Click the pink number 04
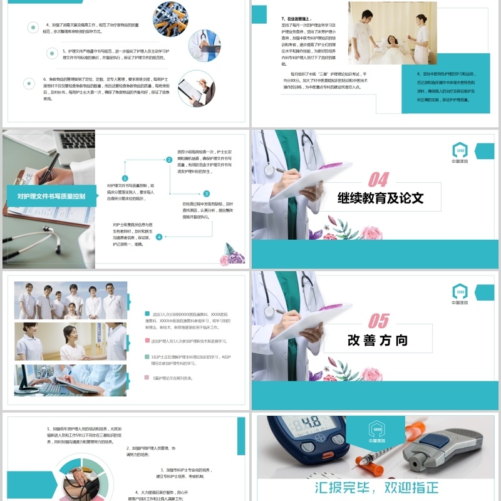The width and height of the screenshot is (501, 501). (x=378, y=180)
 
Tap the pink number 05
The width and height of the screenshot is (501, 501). (x=378, y=321)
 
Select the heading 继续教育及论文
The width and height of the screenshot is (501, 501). (x=380, y=199)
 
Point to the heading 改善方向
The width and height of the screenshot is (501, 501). (x=378, y=341)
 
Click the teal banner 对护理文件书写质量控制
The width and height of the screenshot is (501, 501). (x=51, y=196)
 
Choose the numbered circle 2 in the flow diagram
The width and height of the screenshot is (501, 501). (x=169, y=160)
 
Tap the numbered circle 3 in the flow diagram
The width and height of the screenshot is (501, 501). (x=207, y=194)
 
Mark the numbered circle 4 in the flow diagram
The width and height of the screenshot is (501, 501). (x=159, y=237)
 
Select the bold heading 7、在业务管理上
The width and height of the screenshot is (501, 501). (x=297, y=19)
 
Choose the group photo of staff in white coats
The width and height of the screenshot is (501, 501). (x=71, y=300)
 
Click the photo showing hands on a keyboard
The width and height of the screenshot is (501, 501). (x=71, y=381)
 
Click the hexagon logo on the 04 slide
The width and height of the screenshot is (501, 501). (x=460, y=150)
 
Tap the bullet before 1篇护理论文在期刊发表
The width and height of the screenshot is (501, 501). (x=147, y=378)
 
